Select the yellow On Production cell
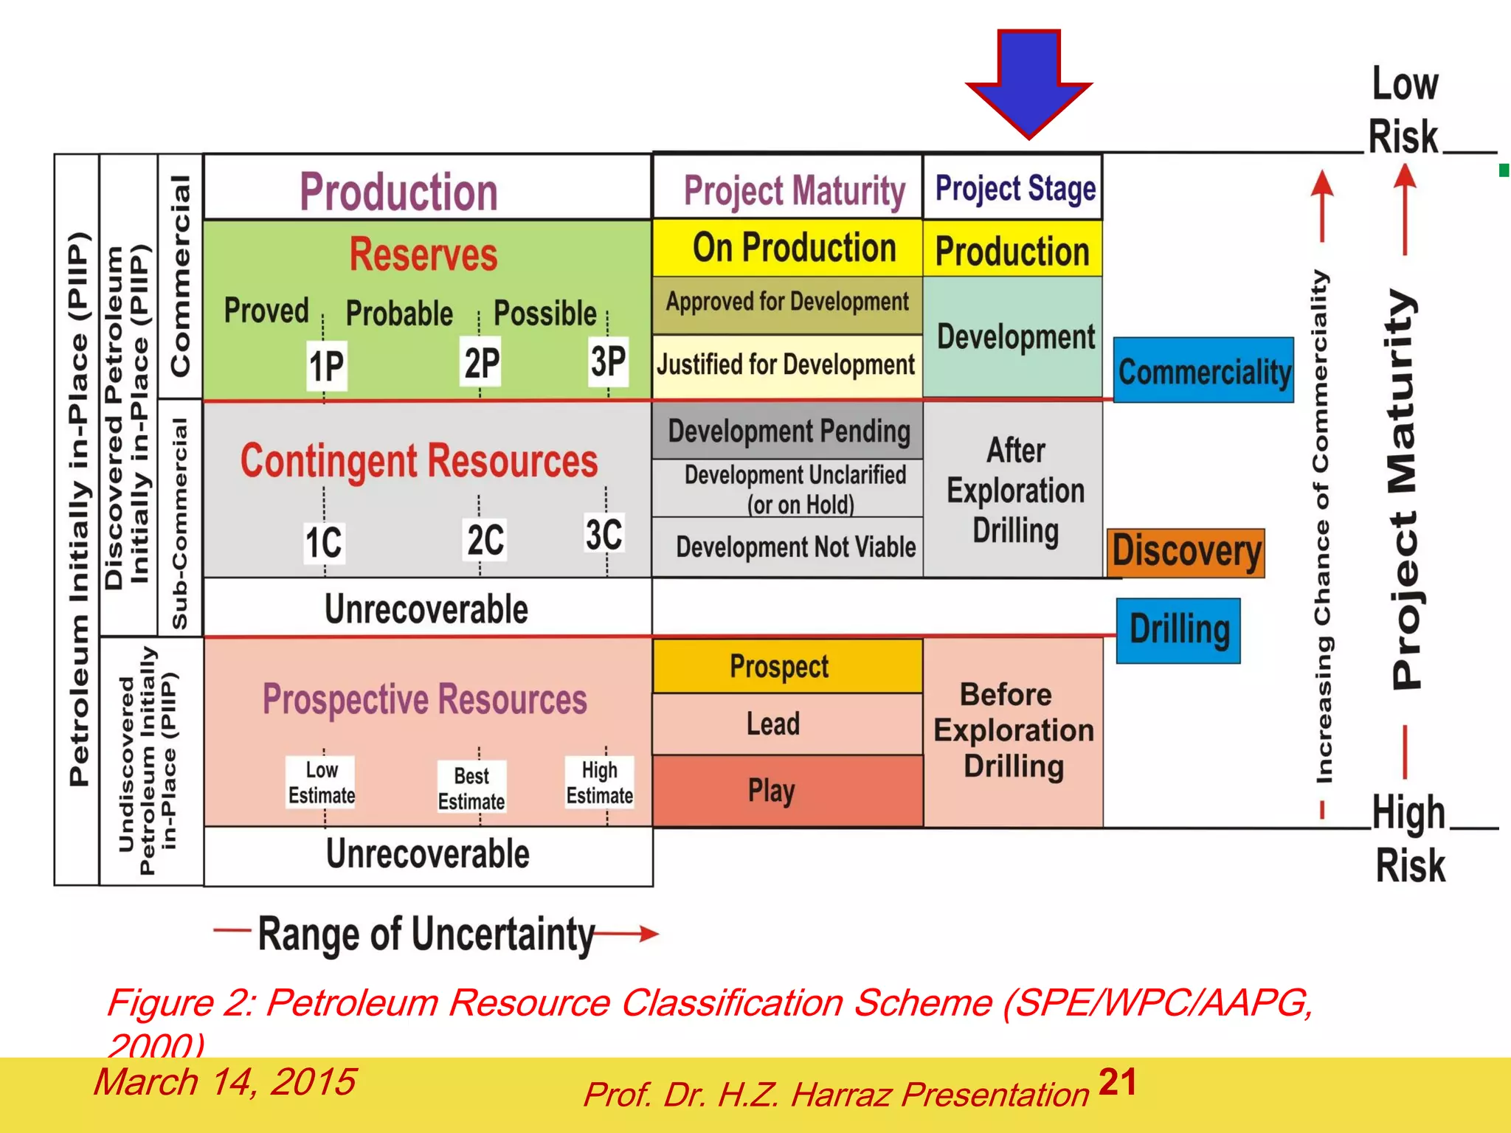coord(787,248)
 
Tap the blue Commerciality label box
coord(1203,370)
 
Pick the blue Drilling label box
coord(1178,631)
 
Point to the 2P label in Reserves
coord(481,363)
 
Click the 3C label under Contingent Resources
coord(604,534)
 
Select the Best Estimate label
coord(471,788)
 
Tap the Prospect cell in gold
coord(787,666)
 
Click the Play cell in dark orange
coord(787,791)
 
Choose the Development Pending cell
coord(787,431)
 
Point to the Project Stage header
coord(1013,188)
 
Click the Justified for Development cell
coord(787,365)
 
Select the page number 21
coord(1117,1082)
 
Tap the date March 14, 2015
coord(224,1082)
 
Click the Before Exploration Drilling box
coord(1013,731)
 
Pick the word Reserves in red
coord(423,254)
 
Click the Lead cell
coord(787,724)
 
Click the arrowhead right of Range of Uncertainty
coord(649,934)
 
